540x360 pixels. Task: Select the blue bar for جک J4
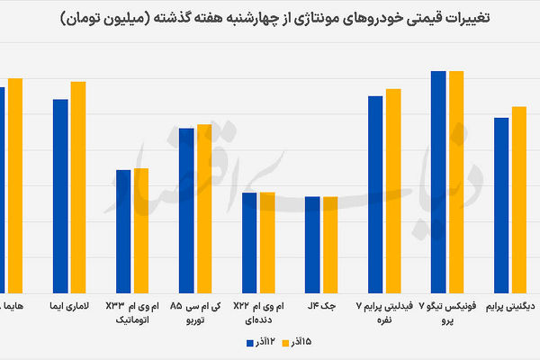(312, 242)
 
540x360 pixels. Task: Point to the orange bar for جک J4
(330, 242)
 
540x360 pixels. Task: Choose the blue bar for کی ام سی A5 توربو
(186, 208)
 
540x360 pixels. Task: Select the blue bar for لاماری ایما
(60, 193)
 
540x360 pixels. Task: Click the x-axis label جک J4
(321, 306)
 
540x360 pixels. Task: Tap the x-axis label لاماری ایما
(69, 306)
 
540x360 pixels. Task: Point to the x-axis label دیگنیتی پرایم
(510, 306)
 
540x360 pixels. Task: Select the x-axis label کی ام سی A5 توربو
(195, 312)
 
